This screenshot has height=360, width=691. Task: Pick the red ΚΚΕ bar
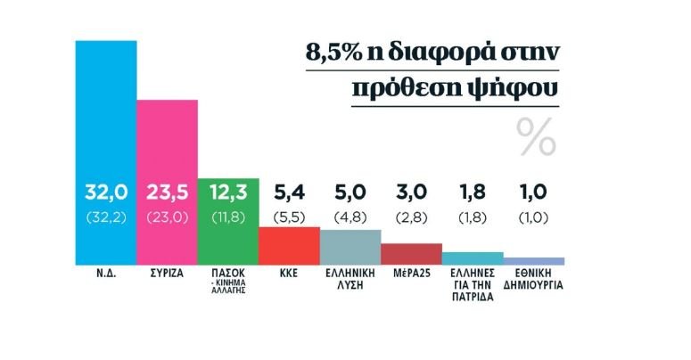tap(289, 245)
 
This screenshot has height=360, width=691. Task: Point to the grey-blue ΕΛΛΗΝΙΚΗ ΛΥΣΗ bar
tap(350, 247)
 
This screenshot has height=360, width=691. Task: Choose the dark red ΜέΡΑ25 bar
tap(411, 253)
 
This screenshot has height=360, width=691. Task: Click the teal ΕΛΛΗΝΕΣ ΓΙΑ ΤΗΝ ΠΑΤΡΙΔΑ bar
tap(473, 258)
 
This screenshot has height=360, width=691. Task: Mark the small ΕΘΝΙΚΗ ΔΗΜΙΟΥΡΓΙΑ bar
tap(534, 260)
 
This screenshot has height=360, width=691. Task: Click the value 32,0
tap(105, 192)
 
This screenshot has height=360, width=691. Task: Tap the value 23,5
tap(167, 192)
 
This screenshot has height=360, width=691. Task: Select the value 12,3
tap(228, 192)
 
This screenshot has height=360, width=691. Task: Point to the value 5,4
tap(289, 192)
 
